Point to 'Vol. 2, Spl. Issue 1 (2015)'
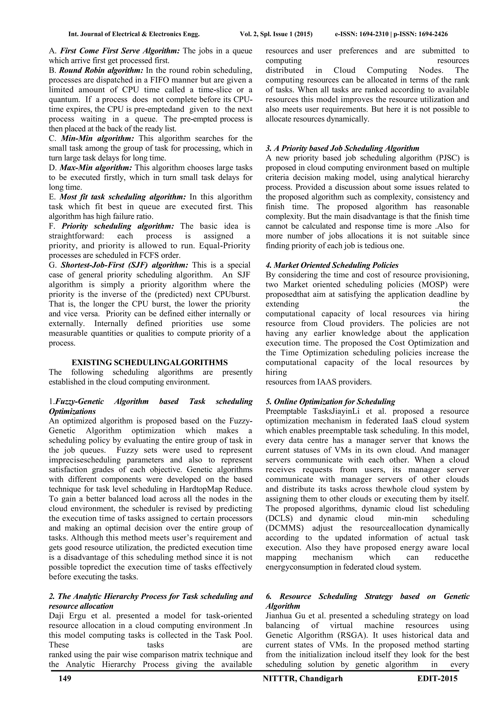(276, 34)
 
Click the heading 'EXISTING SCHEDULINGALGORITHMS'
(150, 362)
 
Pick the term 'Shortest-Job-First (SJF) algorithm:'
(125, 265)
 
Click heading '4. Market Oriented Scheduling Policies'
(332, 265)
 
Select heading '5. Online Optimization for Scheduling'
(331, 402)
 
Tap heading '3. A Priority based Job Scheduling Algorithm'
(342, 148)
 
